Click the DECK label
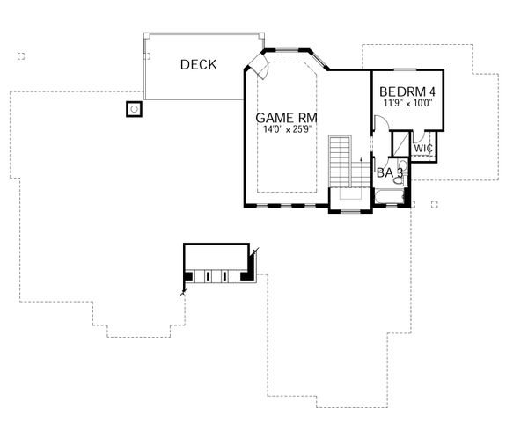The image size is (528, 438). [200, 64]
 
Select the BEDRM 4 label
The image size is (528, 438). [407, 91]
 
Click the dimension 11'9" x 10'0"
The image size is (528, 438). [407, 103]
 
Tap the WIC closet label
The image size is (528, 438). [423, 149]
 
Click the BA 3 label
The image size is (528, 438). [389, 174]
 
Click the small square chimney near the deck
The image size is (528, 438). [134, 110]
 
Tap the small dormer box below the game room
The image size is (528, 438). [217, 264]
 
